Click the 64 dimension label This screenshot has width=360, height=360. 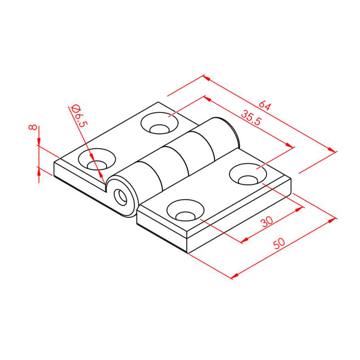point(265,106)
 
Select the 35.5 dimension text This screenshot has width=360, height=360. point(251,117)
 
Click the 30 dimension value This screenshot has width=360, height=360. point(267,221)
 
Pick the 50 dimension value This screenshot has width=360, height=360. point(279,243)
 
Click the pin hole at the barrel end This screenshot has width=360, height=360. point(121,198)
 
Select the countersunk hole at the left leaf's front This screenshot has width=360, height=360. point(97,159)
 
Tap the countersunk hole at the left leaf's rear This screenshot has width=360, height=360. point(159,123)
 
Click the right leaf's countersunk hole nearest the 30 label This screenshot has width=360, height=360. point(185,210)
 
